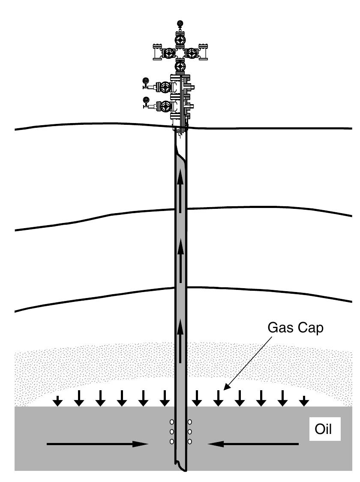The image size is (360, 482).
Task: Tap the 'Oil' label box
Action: click(x=324, y=429)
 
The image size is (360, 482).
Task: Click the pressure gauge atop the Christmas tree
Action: click(x=180, y=24)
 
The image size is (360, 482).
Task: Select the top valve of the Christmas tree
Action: click(x=180, y=39)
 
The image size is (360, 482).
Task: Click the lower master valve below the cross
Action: click(x=180, y=67)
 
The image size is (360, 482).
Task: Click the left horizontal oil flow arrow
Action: click(x=97, y=444)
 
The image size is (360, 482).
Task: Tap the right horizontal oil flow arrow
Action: click(x=253, y=444)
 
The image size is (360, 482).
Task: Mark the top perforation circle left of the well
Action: click(x=171, y=422)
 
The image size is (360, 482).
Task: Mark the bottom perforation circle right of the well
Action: click(x=189, y=441)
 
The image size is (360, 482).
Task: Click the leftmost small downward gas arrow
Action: click(x=57, y=401)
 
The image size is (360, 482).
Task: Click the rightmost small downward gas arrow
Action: click(x=304, y=401)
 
